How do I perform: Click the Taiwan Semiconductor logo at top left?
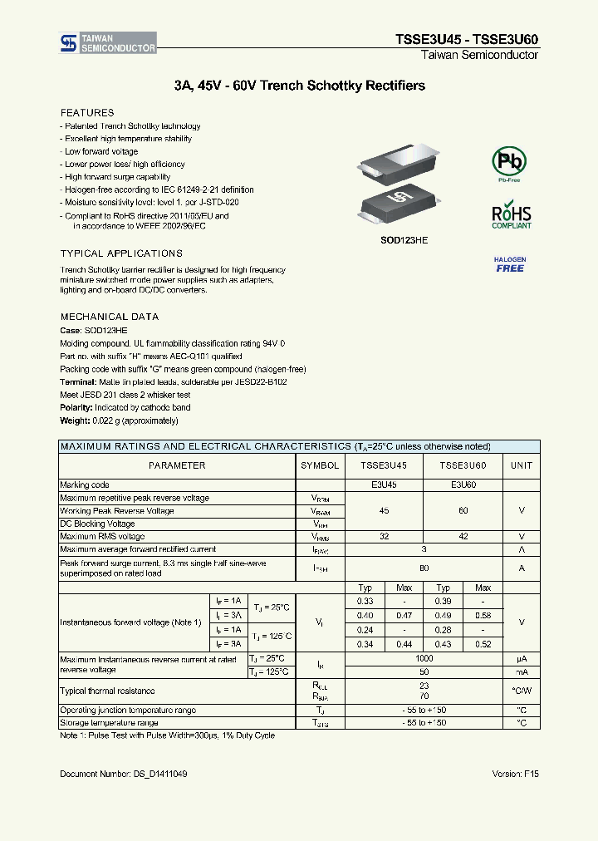pyautogui.click(x=107, y=43)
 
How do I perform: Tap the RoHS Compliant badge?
pyautogui.click(x=511, y=214)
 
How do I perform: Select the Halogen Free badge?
pyautogui.click(x=510, y=265)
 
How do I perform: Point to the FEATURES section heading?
pyautogui.click(x=87, y=112)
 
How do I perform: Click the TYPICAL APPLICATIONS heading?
pyautogui.click(x=121, y=253)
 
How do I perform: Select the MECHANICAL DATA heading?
pyautogui.click(x=109, y=317)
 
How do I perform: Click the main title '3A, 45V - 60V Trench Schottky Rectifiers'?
pyautogui.click(x=300, y=86)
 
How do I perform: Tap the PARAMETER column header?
pyautogui.click(x=177, y=465)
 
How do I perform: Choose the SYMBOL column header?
pyautogui.click(x=320, y=465)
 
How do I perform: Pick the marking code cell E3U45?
pyautogui.click(x=383, y=484)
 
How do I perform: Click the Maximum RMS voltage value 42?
pyautogui.click(x=463, y=537)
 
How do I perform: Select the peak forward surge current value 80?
pyautogui.click(x=424, y=568)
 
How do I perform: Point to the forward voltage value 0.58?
pyautogui.click(x=483, y=615)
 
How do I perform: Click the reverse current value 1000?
pyautogui.click(x=424, y=658)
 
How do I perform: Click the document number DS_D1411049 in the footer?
pyautogui.click(x=123, y=774)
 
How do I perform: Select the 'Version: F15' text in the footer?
pyautogui.click(x=515, y=774)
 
